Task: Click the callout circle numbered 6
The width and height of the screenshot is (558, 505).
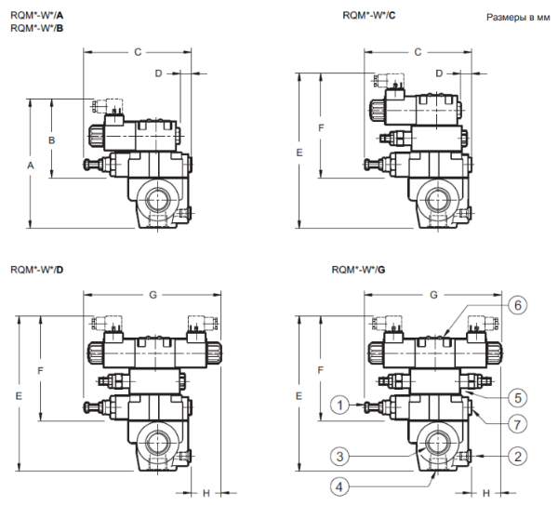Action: click(518, 305)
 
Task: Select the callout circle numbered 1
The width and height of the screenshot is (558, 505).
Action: click(339, 405)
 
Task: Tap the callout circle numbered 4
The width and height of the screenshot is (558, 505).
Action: click(339, 486)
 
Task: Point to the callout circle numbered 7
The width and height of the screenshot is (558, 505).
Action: click(518, 424)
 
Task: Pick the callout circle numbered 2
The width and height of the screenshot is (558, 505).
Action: click(518, 457)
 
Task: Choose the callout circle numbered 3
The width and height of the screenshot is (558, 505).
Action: click(339, 457)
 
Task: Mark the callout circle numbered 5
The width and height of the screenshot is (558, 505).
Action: click(518, 397)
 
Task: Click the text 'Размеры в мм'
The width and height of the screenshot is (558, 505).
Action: click(518, 17)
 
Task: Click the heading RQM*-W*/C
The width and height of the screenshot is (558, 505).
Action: click(369, 15)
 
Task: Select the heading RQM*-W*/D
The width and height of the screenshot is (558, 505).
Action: click(37, 270)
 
